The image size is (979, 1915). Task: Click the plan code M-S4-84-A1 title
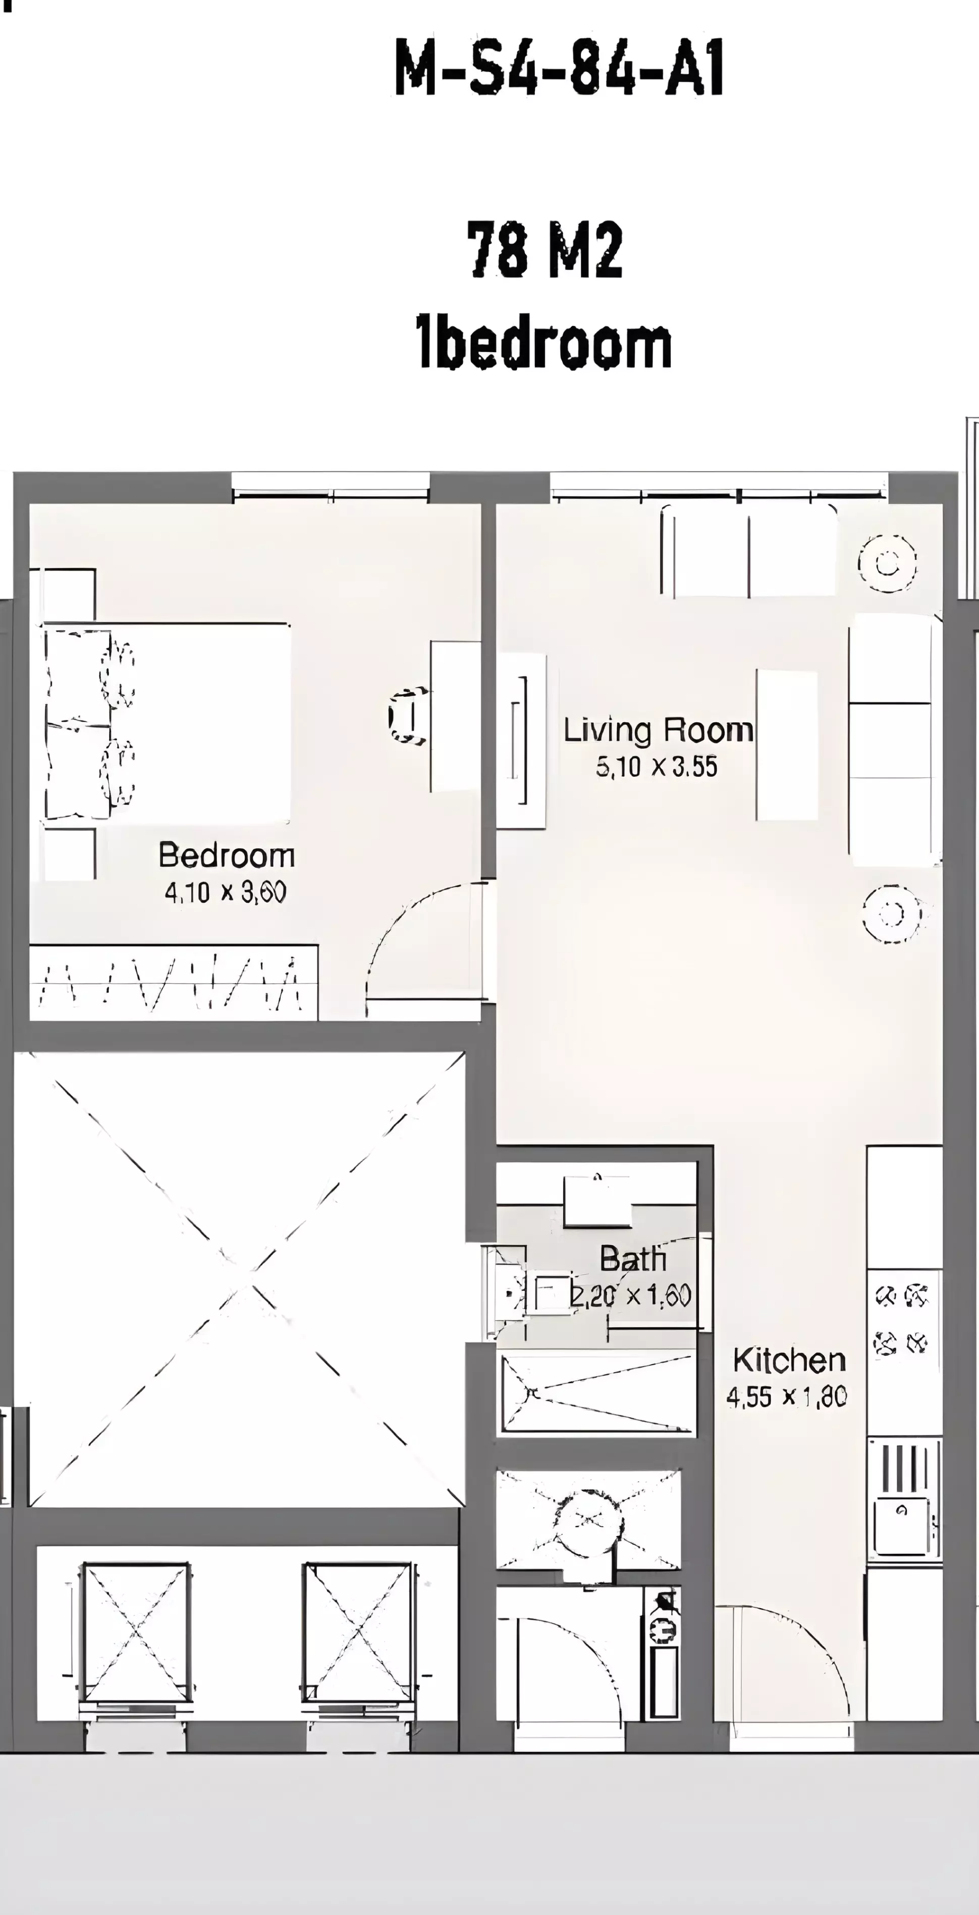point(559,69)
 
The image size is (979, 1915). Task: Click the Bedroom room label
point(227,856)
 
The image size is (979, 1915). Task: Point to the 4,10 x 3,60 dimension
point(226,892)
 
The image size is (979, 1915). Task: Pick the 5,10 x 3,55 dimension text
point(657,766)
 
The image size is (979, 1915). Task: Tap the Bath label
point(633,1259)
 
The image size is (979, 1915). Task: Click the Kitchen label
point(789,1361)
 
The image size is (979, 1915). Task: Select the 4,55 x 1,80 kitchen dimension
point(787,1397)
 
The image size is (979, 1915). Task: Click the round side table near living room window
point(888,564)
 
